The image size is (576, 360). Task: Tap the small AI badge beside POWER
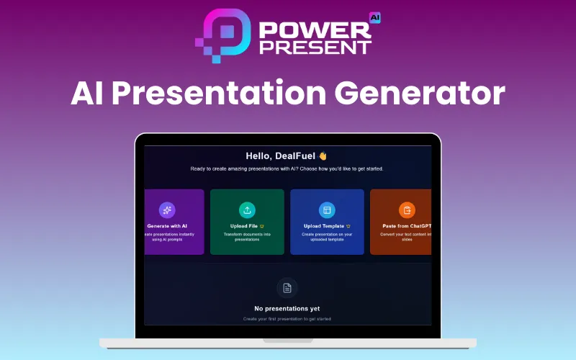tap(374, 17)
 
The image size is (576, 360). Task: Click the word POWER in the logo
tap(315, 28)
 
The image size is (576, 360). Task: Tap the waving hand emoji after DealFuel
tap(323, 156)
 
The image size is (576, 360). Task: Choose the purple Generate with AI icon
tap(167, 210)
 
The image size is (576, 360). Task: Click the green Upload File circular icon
tap(247, 210)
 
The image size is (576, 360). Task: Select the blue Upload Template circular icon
tap(327, 210)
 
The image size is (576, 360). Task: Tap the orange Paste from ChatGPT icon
tap(407, 210)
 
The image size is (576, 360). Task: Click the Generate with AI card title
tap(167, 226)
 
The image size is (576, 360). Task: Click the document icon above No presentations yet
tap(287, 288)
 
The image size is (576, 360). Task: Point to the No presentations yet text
tap(287, 309)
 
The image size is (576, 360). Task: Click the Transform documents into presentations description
tap(247, 237)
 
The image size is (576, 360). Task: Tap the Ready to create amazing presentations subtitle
tap(287, 168)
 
